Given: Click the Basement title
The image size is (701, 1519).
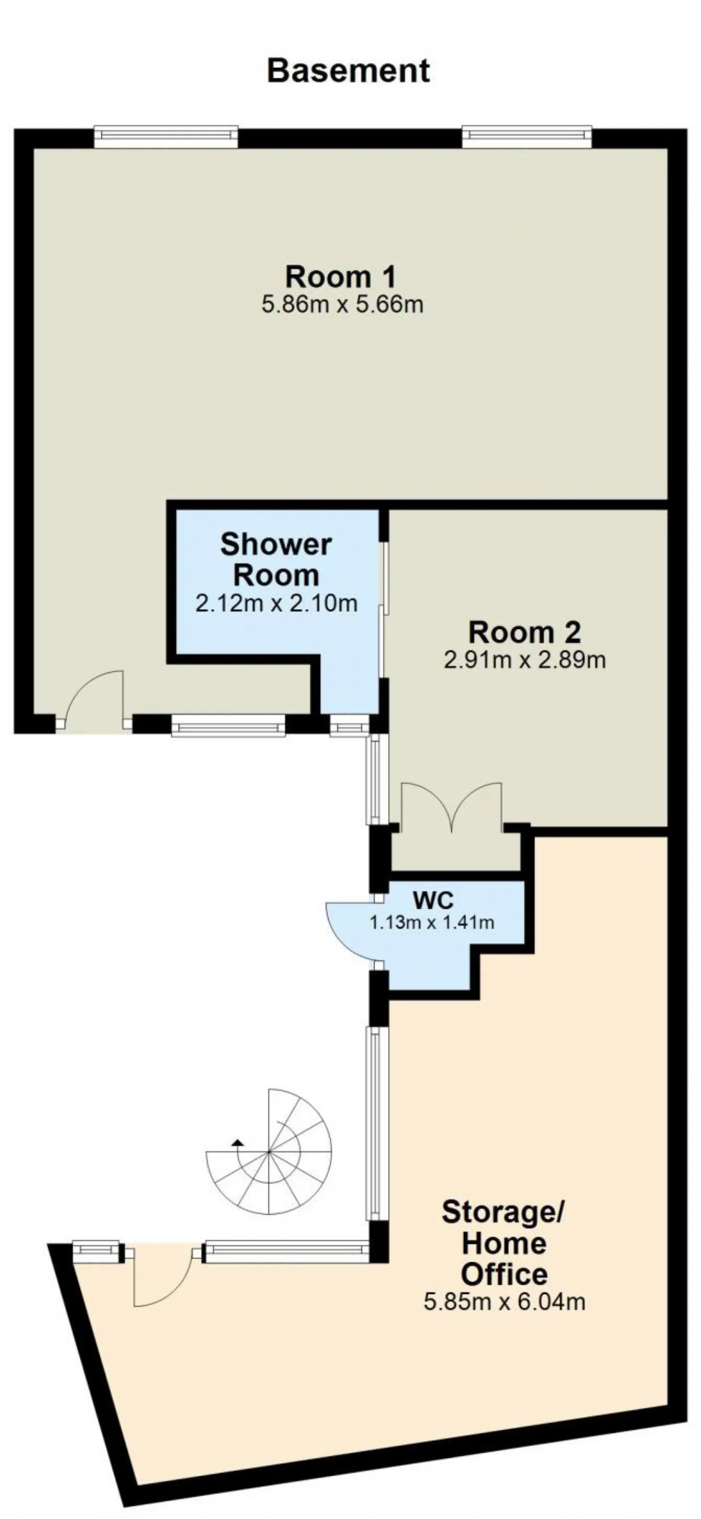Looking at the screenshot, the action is pyautogui.click(x=348, y=71).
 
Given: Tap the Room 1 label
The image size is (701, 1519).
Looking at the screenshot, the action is pyautogui.click(x=341, y=276).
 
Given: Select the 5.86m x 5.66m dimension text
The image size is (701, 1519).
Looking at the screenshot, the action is pyautogui.click(x=342, y=305).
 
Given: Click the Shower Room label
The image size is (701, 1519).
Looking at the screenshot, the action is pyautogui.click(x=275, y=559).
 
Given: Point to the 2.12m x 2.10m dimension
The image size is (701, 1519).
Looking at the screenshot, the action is pyautogui.click(x=276, y=603).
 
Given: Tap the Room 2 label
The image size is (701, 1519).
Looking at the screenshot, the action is pyautogui.click(x=525, y=633).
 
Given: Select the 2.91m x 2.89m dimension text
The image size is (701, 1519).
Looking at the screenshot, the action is pyautogui.click(x=525, y=660).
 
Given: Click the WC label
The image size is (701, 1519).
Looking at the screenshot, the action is pyautogui.click(x=433, y=900).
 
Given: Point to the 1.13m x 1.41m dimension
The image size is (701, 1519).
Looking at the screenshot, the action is pyautogui.click(x=432, y=922).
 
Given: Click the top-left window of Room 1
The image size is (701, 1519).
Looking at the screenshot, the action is pyautogui.click(x=166, y=136).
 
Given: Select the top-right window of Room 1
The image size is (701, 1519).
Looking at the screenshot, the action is pyautogui.click(x=527, y=136).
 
